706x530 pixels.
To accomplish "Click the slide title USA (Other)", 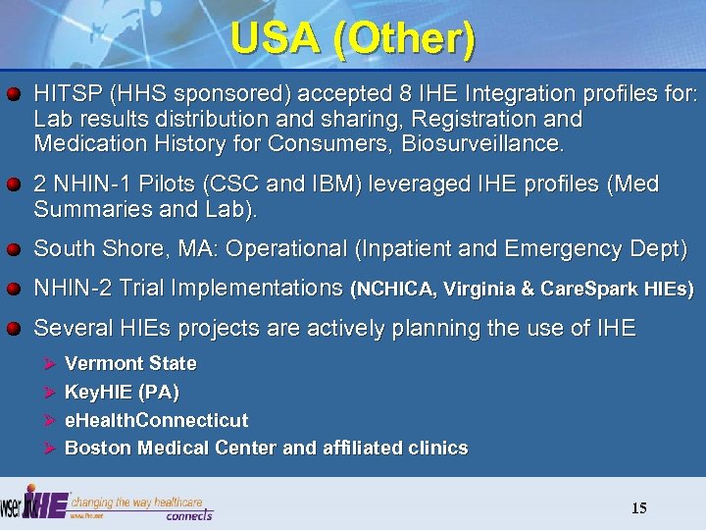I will [353, 39].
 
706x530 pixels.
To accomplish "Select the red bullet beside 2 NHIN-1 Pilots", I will [15, 185].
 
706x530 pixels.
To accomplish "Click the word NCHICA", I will [397, 290].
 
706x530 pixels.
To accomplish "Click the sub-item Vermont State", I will [129, 364].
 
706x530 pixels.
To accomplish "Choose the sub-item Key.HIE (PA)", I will [122, 393].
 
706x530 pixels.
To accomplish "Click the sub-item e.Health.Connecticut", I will [156, 420].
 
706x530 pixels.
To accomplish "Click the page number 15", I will [638, 507].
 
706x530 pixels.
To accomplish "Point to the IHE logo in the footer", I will [44, 503].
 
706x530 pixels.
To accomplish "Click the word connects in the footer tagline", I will [188, 514].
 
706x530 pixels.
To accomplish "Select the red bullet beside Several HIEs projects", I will [15, 329].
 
